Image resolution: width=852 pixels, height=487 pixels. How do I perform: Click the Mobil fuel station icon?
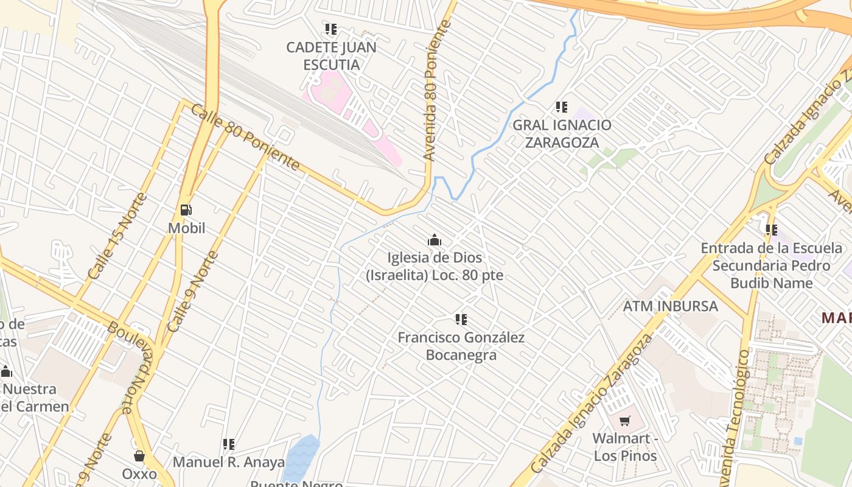tap(186, 210)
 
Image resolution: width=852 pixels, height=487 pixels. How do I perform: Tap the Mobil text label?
tap(186, 228)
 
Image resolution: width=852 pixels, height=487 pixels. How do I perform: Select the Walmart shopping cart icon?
tap(624, 421)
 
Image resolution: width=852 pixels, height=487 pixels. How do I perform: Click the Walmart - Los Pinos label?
tap(624, 447)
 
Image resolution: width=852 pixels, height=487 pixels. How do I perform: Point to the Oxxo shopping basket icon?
tap(139, 456)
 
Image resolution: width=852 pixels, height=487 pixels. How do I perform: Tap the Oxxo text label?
tap(139, 474)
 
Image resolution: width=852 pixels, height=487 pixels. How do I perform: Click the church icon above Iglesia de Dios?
tap(434, 240)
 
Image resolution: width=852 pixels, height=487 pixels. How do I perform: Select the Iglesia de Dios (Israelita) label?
tap(435, 266)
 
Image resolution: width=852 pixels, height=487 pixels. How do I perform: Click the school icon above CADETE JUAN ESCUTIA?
tap(331, 29)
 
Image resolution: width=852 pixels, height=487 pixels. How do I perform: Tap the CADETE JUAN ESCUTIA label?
tap(331, 55)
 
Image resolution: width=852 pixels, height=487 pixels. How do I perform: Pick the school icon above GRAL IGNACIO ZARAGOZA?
tap(562, 107)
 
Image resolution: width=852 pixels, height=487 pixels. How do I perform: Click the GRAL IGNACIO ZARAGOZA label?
tap(562, 133)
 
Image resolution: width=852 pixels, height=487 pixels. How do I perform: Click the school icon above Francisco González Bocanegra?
tap(461, 319)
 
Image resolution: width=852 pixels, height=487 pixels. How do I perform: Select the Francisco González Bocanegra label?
tap(461, 346)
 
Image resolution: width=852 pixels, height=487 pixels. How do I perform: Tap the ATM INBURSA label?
tap(670, 306)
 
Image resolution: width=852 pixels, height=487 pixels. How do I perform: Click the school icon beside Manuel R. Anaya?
tap(229, 444)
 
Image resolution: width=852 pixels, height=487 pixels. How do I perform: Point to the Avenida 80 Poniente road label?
tap(437, 91)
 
